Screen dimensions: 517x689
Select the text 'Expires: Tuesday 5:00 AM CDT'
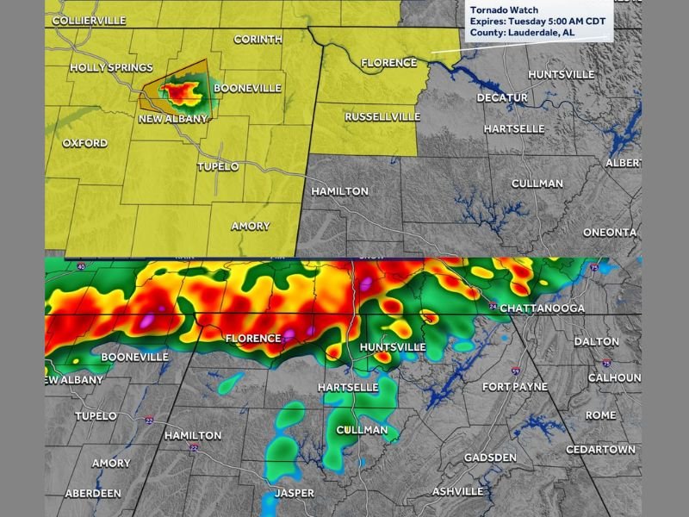click(x=539, y=22)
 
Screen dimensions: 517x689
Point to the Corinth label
click(x=258, y=40)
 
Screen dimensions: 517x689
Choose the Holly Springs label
click(x=111, y=67)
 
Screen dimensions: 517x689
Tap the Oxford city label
click(x=85, y=143)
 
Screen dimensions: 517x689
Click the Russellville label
click(x=382, y=116)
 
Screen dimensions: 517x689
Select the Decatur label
click(x=502, y=98)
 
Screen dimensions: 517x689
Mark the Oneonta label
click(x=610, y=232)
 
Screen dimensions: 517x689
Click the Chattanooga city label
click(x=543, y=308)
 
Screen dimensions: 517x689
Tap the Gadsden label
click(x=489, y=458)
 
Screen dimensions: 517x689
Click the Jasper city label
click(x=295, y=494)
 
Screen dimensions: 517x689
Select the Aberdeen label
click(x=94, y=494)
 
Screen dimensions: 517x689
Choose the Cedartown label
click(x=600, y=450)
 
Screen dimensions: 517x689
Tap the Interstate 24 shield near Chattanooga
click(x=491, y=306)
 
